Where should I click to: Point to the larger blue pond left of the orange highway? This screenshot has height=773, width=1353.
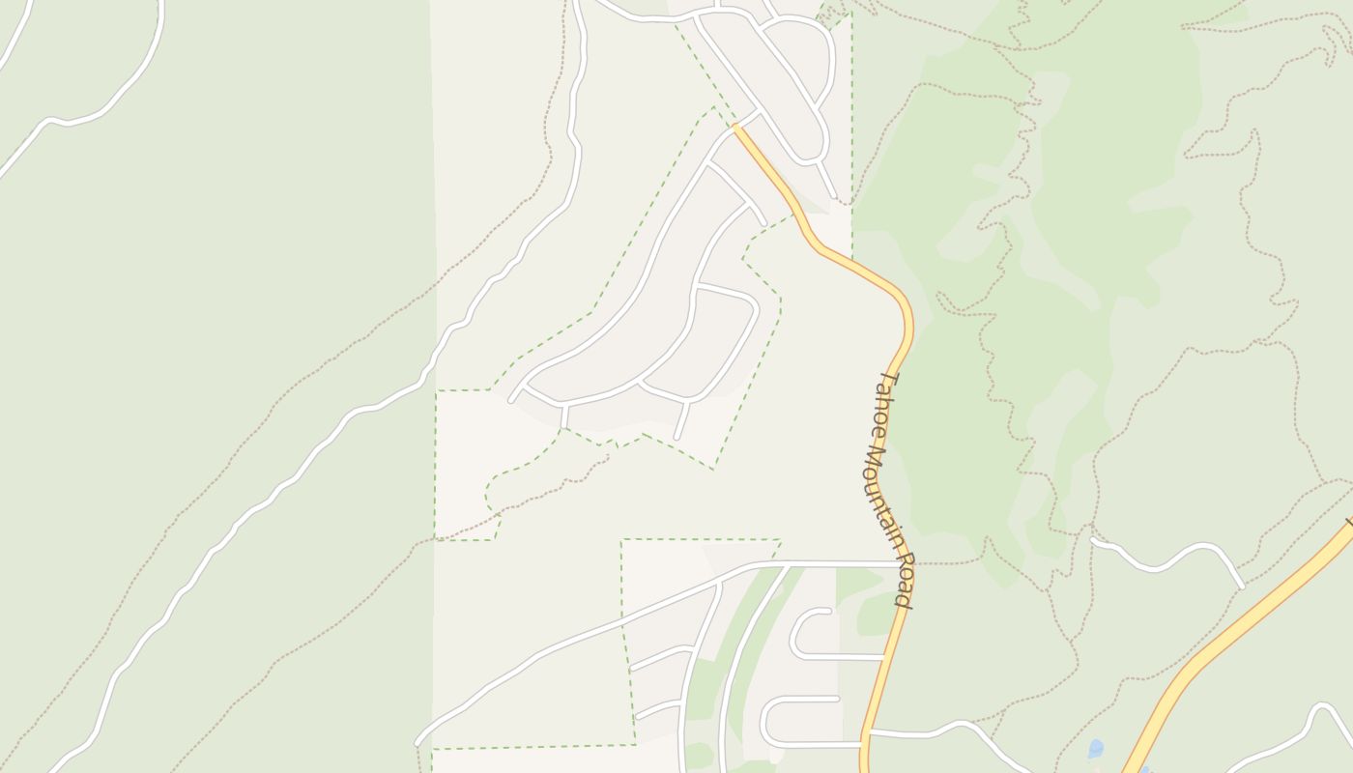(x=1095, y=748)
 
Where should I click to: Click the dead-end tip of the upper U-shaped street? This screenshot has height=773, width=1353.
(x=828, y=611)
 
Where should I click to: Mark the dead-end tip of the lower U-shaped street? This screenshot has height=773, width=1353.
(x=836, y=698)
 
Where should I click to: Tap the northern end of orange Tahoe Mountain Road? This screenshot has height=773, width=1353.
(x=736, y=127)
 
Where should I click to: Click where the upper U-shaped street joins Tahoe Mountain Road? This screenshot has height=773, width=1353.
(x=883, y=658)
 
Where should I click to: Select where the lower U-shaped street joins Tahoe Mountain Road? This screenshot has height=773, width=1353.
(x=863, y=745)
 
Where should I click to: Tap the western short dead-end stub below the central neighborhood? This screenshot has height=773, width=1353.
(x=563, y=423)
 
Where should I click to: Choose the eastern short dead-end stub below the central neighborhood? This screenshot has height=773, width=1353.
(x=678, y=437)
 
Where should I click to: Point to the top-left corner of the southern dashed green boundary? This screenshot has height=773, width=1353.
(x=621, y=540)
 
